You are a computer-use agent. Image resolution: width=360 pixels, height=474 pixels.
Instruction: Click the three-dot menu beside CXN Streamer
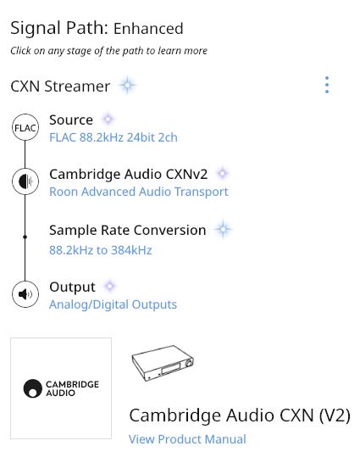pos(327,85)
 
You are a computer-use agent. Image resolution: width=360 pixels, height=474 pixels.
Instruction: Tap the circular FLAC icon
pos(25,127)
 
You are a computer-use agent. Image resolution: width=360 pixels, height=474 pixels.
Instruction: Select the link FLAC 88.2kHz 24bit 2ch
pos(114,137)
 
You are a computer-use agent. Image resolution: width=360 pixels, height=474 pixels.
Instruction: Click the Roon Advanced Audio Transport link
pos(139,192)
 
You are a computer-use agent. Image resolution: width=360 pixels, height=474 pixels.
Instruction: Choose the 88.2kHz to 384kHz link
pos(101,250)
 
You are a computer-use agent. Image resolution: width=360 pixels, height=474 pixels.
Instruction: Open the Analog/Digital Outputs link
pos(113,304)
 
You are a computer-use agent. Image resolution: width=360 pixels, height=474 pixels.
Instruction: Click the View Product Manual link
pos(187,439)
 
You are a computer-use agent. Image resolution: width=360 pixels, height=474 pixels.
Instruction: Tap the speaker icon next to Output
pos(25,294)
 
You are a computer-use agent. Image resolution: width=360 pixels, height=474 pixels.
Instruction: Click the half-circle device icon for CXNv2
pos(25,181)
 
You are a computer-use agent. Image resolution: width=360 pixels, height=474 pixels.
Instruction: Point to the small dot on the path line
pos(25,237)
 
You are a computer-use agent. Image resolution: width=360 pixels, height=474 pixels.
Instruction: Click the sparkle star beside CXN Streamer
pos(127,86)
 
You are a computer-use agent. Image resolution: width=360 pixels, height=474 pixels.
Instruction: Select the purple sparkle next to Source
pos(108,119)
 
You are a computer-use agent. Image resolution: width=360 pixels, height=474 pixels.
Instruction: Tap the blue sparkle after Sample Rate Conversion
pos(223,230)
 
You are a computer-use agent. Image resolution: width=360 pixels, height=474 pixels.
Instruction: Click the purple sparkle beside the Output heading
pos(109,286)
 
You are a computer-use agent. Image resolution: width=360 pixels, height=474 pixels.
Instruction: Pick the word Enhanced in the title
pos(148,29)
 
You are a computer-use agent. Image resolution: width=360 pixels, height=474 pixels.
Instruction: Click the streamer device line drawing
pos(163,363)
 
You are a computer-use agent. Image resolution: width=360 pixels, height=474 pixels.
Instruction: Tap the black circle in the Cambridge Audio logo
pos(33,388)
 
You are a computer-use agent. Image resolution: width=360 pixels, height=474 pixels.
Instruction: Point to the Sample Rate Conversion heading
pos(128,230)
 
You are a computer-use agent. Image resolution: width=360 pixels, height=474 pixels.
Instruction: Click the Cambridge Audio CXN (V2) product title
pos(240,415)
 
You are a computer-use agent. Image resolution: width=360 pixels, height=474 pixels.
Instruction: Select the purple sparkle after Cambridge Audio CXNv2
pos(222,174)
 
